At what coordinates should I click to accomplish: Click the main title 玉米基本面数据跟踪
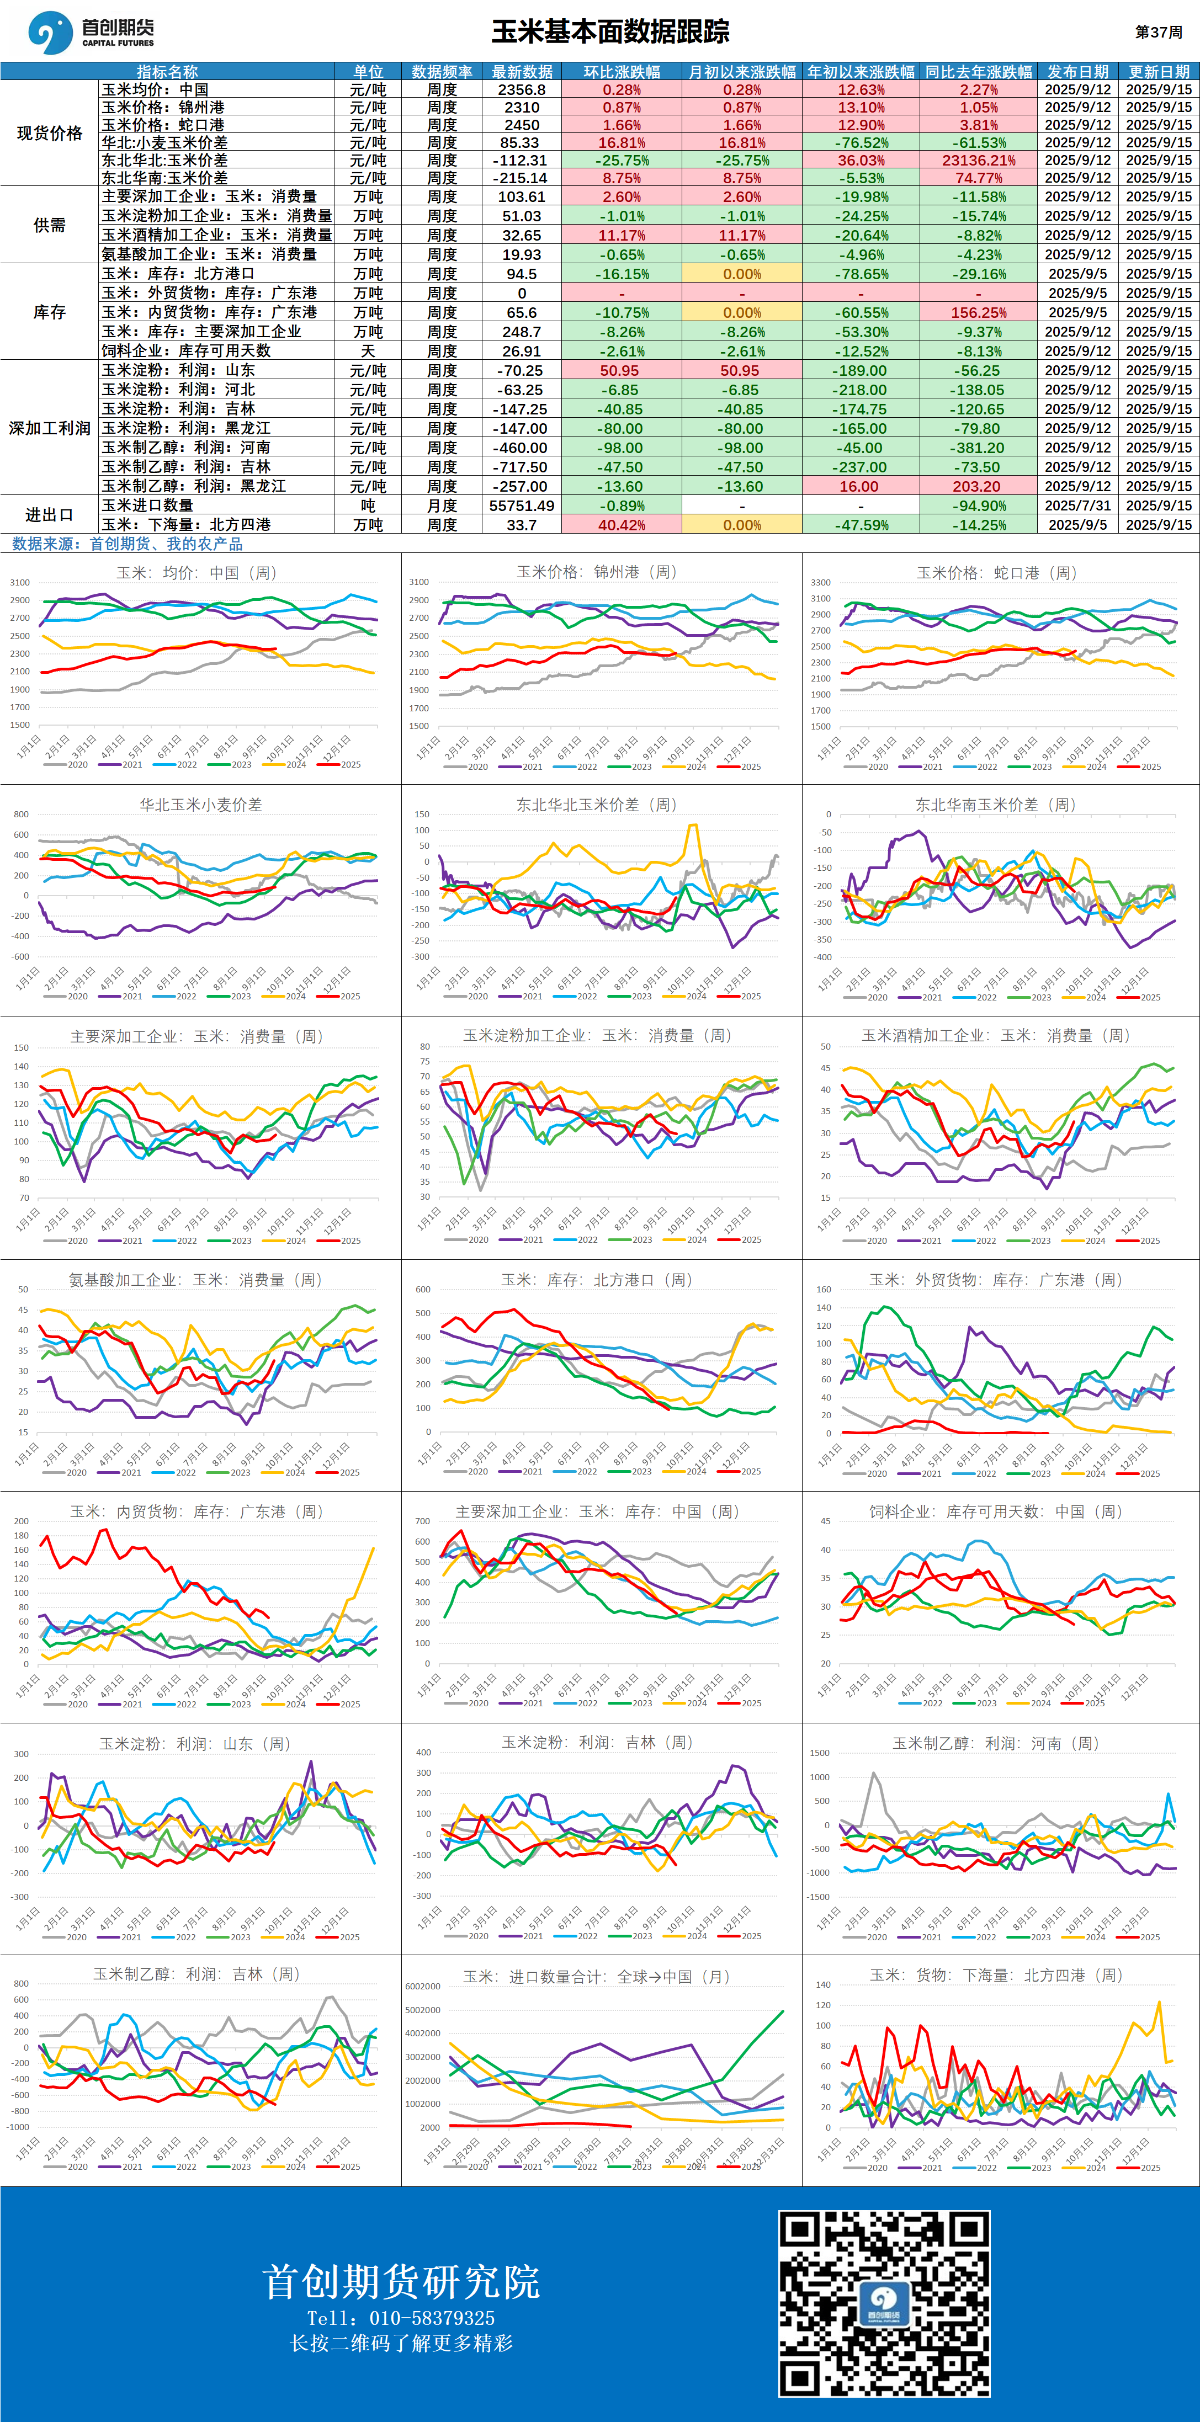610,32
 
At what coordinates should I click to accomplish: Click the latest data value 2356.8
521,89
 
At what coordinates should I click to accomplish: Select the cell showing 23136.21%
978,160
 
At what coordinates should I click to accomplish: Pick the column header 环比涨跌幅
622,71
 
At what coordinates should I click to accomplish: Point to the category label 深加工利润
49,428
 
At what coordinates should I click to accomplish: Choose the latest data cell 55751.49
521,505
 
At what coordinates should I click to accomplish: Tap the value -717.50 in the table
521,466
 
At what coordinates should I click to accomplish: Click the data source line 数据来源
127,544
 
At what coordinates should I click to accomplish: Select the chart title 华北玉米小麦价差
200,805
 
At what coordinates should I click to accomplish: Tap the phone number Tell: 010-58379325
401,2318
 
